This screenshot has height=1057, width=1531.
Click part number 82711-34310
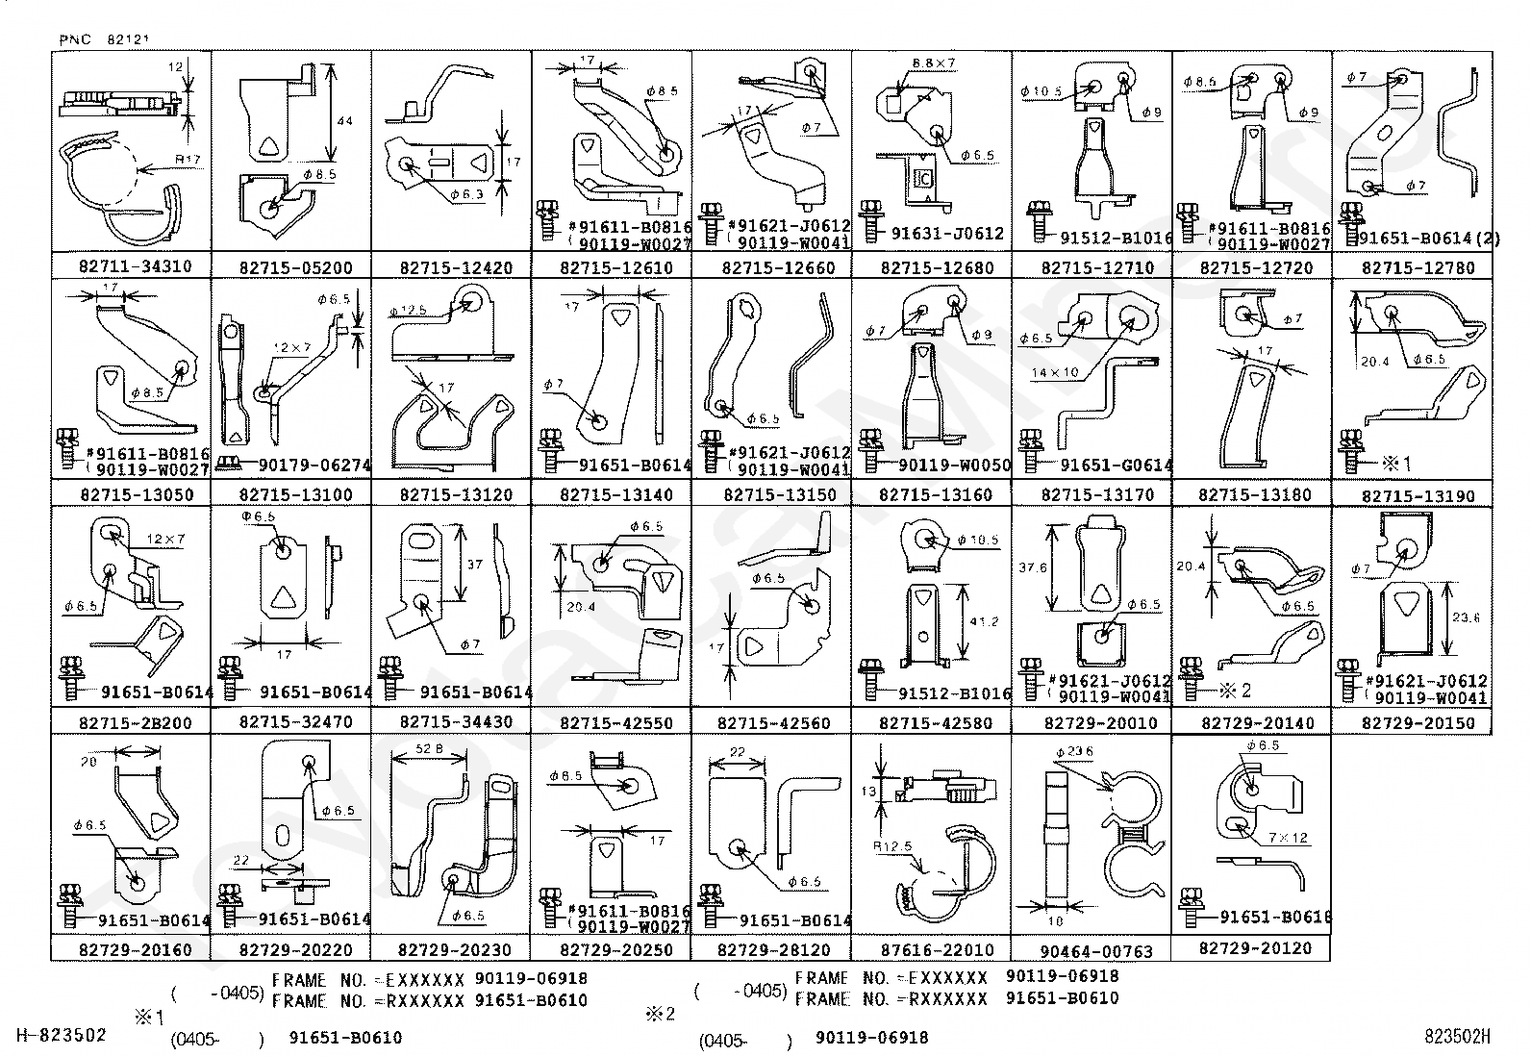135,267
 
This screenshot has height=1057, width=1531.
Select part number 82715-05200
295,268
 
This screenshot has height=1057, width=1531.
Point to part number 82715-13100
295,495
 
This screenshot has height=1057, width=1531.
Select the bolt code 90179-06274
314,466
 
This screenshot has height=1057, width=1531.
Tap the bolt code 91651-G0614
1116,466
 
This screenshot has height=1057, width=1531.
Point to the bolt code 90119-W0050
954,466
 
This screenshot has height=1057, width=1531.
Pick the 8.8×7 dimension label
934,63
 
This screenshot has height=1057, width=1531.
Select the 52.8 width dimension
431,748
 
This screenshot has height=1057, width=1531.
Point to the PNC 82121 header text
105,39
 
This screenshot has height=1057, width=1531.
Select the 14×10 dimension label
1056,371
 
